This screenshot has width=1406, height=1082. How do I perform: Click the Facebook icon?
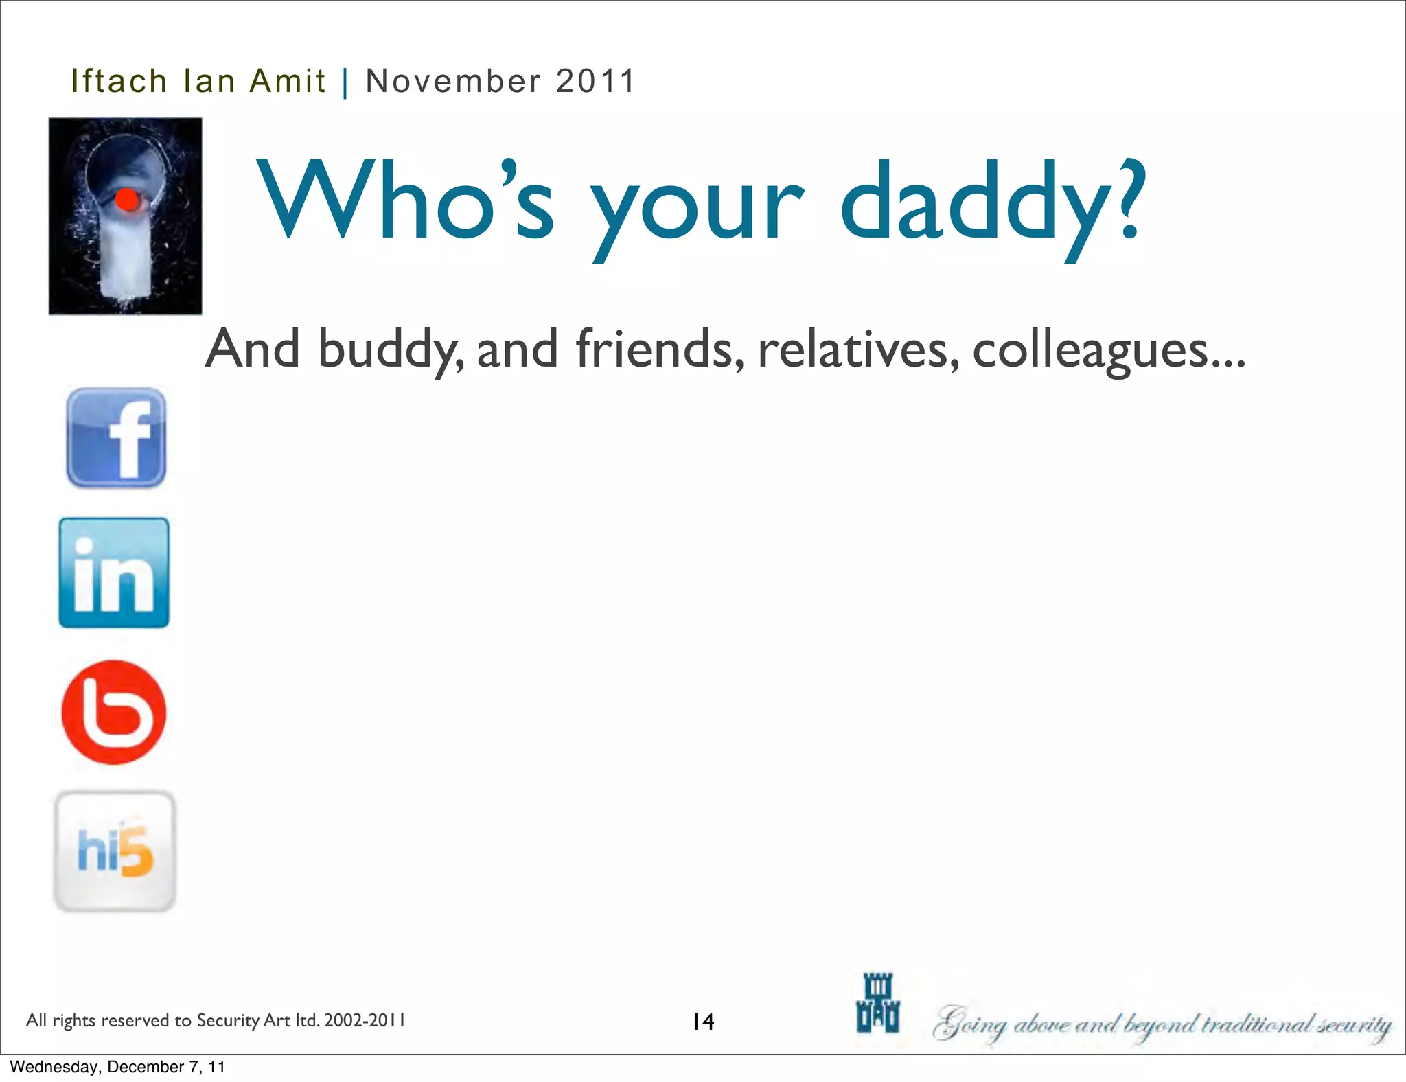pyautogui.click(x=116, y=437)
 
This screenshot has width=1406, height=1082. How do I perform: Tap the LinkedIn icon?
pyautogui.click(x=114, y=573)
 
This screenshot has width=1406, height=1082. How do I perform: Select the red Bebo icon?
pyautogui.click(x=114, y=712)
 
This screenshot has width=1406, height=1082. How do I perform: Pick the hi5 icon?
pyautogui.click(x=115, y=851)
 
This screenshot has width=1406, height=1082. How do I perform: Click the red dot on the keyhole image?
pyautogui.click(x=127, y=200)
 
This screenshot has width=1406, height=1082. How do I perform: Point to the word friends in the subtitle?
pyautogui.click(x=660, y=349)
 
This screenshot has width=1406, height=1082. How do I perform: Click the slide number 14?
pyautogui.click(x=703, y=1022)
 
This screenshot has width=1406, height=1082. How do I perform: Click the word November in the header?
pyautogui.click(x=453, y=81)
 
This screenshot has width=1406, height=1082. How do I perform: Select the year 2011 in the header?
pyautogui.click(x=596, y=81)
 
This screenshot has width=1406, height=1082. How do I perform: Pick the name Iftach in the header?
pyautogui.click(x=119, y=81)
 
